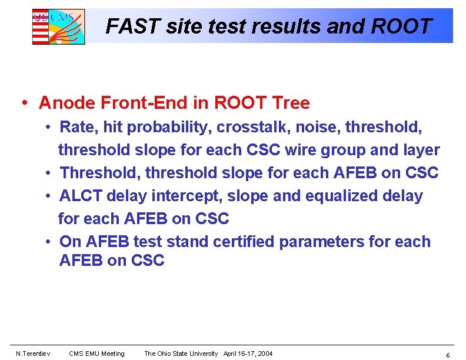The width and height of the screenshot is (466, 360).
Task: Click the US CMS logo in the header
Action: [58, 26]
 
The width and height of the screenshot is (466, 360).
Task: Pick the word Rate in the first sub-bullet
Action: [76, 126]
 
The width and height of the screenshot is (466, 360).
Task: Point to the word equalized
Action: [345, 196]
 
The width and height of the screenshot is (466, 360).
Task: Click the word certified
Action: [244, 242]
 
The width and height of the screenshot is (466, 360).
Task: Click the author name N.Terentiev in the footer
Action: [33, 354]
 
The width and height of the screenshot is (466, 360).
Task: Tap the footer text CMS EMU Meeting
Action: [96, 354]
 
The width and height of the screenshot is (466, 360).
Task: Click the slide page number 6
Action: [448, 355]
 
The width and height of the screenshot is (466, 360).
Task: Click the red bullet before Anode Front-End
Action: [25, 104]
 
